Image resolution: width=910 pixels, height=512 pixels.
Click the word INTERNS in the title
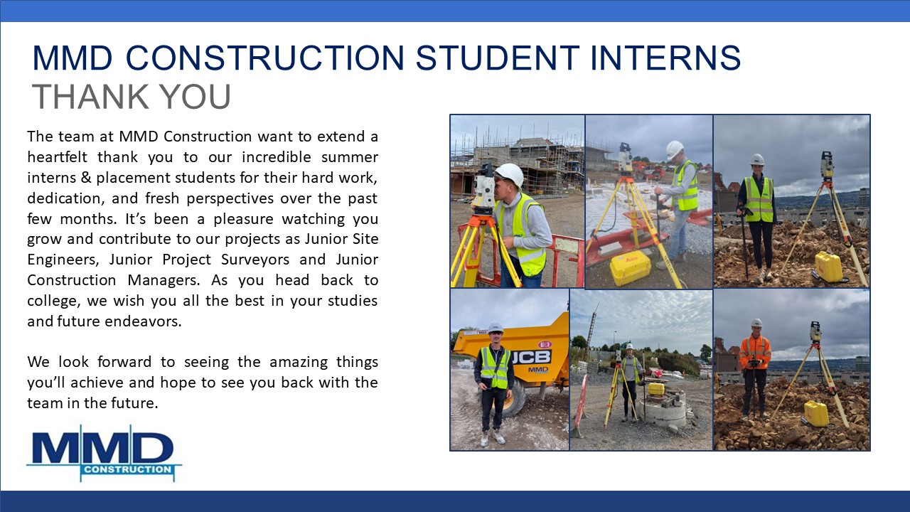(665, 58)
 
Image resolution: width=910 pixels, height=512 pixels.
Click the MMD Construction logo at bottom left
(104, 454)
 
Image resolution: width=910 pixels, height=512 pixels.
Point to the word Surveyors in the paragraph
(255, 260)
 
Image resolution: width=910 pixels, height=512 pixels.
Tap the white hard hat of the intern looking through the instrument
(509, 175)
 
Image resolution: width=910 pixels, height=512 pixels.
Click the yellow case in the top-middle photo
(631, 267)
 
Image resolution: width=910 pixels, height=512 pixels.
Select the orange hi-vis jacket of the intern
(755, 351)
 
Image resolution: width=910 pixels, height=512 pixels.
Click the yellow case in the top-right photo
(829, 267)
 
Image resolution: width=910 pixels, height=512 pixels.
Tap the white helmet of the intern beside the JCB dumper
(496, 328)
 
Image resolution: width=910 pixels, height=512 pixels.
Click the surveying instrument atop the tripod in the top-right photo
(826, 166)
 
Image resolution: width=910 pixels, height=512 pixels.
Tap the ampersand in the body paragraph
(85, 178)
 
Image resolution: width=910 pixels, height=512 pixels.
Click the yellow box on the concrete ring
(656, 389)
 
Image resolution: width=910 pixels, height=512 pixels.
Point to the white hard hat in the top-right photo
(757, 159)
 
